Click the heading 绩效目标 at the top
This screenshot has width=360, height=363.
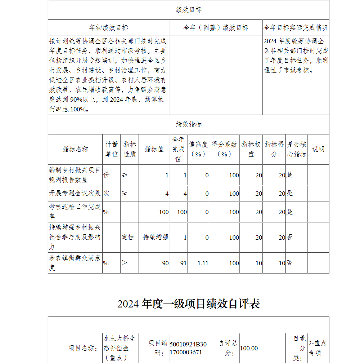click(189, 10)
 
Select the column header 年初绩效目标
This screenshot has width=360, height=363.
click(108, 28)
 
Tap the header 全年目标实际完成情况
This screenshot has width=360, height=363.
click(296, 28)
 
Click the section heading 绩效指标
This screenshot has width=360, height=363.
click(189, 124)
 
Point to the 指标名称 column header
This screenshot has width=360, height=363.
click(75, 149)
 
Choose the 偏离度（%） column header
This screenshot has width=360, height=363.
click(198, 149)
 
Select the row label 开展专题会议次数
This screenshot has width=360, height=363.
click(75, 193)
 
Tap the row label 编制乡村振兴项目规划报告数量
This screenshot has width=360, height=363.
click(75, 175)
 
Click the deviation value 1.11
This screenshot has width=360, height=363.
click(203, 263)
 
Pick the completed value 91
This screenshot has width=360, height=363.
click(184, 263)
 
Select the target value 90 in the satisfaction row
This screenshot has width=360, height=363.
click(165, 263)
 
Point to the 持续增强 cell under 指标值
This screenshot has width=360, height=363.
click(156, 237)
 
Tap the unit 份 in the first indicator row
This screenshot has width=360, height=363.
click(107, 175)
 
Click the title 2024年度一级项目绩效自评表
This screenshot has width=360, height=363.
click(189, 304)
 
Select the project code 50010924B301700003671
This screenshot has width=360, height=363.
click(188, 348)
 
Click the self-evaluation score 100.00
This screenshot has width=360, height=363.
click(249, 348)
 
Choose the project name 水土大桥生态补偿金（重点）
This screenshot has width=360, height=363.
click(119, 348)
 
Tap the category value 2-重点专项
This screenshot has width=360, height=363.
click(318, 348)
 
